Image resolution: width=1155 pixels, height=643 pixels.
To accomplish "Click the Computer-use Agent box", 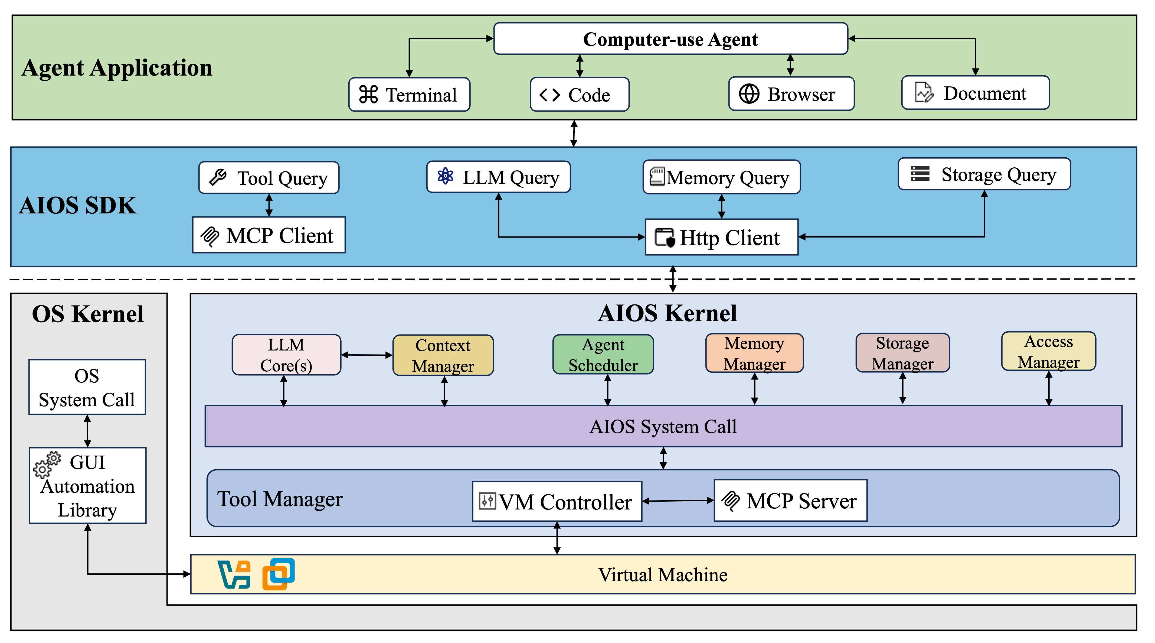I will pyautogui.click(x=670, y=39).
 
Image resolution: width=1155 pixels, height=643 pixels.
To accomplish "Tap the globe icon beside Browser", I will pyautogui.click(x=749, y=94).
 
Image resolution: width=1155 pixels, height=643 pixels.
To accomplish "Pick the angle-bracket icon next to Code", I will pyautogui.click(x=549, y=95).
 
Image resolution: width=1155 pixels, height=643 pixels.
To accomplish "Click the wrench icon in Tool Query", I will pyautogui.click(x=218, y=177).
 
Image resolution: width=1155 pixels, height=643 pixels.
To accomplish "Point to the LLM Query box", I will pyautogui.click(x=498, y=177).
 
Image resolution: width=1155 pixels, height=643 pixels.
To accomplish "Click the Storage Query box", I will pyautogui.click(x=984, y=174).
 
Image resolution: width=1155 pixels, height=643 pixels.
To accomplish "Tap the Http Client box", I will pyautogui.click(x=721, y=237).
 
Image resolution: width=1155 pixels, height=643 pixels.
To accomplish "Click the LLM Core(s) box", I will pyautogui.click(x=286, y=355).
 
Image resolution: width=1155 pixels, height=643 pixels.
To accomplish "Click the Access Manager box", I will pyautogui.click(x=1048, y=351).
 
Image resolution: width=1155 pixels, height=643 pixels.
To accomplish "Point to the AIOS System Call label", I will pyautogui.click(x=663, y=426).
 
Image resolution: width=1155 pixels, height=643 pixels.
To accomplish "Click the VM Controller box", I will pyautogui.click(x=557, y=501).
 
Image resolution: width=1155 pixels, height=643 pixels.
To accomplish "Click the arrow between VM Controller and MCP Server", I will pyautogui.click(x=678, y=501).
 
